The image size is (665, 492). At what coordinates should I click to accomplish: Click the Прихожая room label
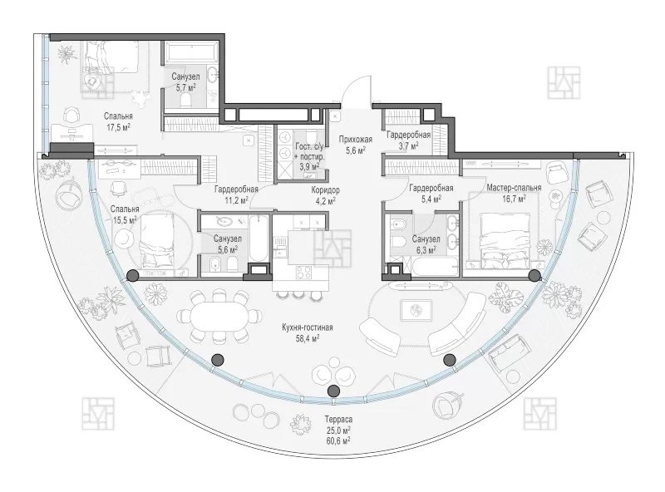(356, 140)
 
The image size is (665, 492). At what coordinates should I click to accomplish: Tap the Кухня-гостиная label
(308, 327)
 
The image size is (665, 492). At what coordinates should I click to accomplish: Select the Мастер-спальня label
(514, 188)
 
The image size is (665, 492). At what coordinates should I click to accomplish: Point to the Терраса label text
(339, 420)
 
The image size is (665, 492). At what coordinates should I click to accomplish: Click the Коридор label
(325, 190)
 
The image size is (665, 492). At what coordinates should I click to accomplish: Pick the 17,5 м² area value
(118, 127)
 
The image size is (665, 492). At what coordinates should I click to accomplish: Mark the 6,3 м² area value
(426, 250)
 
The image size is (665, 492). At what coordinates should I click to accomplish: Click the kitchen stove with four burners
(303, 272)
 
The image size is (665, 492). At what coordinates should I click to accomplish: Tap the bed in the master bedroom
(505, 240)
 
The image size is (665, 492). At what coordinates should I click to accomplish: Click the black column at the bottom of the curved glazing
(334, 391)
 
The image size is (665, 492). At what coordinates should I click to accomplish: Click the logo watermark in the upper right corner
(564, 83)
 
